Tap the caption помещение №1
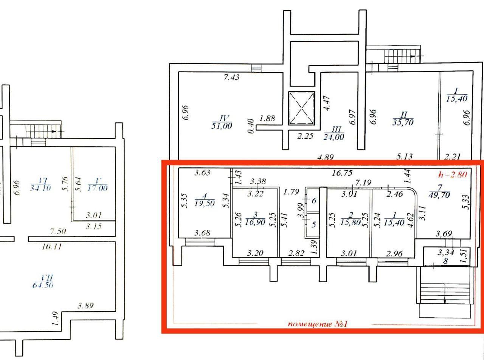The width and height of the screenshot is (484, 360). (x=318, y=324)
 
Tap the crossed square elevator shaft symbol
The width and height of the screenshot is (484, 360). (x=301, y=108)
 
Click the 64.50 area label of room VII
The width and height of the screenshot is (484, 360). (x=43, y=285)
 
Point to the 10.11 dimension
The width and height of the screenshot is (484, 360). (x=52, y=247)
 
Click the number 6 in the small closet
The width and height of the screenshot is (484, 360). (x=313, y=201)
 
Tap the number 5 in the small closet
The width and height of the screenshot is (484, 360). (x=313, y=224)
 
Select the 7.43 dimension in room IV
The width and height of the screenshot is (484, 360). (x=231, y=78)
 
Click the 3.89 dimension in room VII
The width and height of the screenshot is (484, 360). (x=85, y=306)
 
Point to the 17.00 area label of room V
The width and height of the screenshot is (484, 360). (x=97, y=188)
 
